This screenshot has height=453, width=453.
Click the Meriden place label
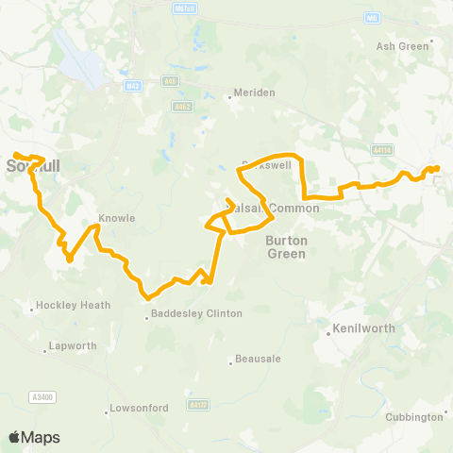255,92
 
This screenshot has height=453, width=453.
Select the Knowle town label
117,218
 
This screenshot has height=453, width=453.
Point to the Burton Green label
286,246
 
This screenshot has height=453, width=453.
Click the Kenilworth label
363,330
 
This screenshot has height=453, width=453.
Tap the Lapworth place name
73,346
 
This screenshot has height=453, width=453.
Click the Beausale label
256,361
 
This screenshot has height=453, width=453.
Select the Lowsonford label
140,408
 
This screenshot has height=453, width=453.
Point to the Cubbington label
416,416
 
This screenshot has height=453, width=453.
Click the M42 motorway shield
133,86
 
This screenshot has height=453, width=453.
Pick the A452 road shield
182,107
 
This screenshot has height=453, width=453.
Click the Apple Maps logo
33,437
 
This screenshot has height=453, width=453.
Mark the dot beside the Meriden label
229,92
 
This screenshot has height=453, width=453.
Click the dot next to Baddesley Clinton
145,318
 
